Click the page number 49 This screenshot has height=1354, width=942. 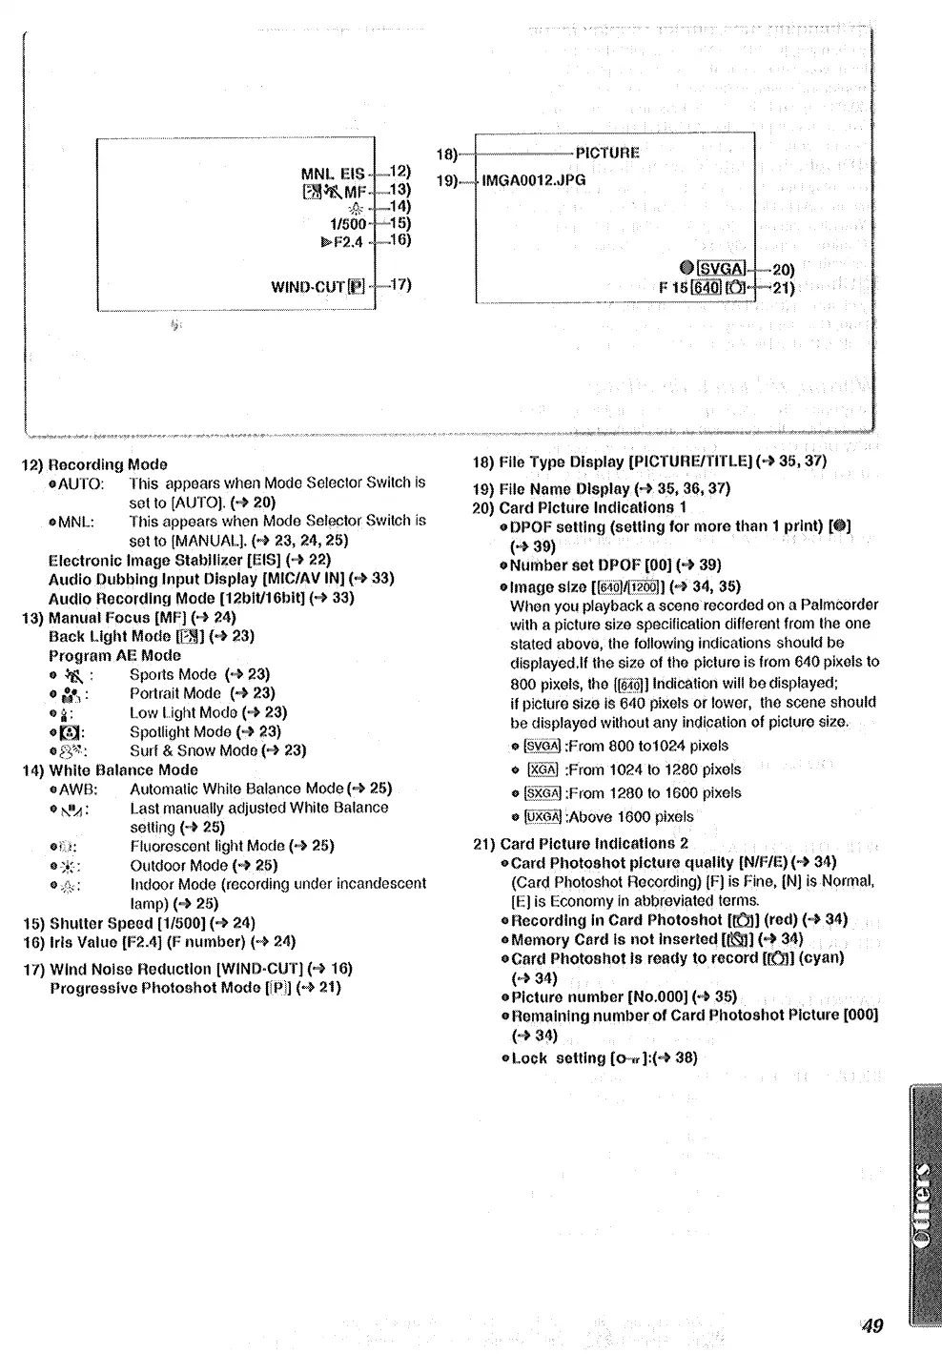(x=872, y=1324)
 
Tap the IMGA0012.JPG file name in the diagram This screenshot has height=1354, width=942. (x=534, y=179)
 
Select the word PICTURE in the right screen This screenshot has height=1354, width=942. (x=607, y=153)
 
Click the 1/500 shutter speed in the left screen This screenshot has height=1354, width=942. (x=348, y=224)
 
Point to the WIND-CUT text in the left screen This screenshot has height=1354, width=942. (x=307, y=286)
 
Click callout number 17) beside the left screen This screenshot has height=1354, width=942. (x=400, y=284)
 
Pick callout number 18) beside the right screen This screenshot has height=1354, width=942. (x=447, y=154)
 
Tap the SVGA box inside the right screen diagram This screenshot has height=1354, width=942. (x=722, y=269)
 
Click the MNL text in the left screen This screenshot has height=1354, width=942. (x=317, y=174)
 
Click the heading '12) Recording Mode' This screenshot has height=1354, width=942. (x=94, y=464)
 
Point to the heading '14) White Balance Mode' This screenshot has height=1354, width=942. (x=110, y=769)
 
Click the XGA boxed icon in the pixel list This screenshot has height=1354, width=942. (x=543, y=769)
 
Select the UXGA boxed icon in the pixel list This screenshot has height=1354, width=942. (x=543, y=816)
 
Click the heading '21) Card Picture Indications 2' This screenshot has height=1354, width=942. (x=580, y=843)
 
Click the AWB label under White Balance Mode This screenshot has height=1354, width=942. (x=78, y=789)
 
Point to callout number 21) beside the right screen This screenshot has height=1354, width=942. (x=783, y=288)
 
